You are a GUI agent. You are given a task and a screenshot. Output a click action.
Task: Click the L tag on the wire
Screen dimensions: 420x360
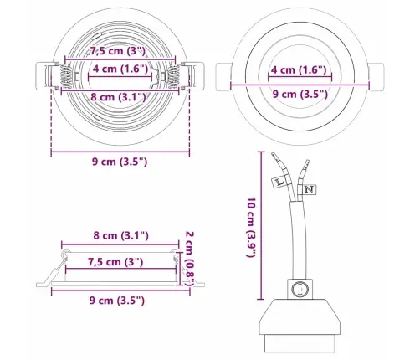[279, 182]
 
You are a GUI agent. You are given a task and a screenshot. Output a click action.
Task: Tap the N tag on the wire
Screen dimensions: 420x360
[309, 189]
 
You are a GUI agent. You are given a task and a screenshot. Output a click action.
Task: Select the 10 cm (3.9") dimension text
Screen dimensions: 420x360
[251, 228]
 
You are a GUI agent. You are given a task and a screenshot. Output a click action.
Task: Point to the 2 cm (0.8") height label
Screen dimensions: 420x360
[190, 258]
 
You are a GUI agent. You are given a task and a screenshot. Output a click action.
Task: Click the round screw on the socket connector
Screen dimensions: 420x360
[300, 289]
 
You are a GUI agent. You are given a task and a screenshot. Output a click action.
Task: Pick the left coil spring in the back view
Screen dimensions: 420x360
[67, 76]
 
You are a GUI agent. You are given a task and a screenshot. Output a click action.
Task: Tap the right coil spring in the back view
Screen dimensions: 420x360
[174, 76]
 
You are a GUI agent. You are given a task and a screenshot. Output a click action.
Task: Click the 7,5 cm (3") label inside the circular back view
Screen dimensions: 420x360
[117, 51]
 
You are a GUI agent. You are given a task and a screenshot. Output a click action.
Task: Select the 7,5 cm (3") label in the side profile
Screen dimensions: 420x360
[115, 262]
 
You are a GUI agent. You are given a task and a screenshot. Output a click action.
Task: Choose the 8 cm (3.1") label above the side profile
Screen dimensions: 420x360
[120, 236]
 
